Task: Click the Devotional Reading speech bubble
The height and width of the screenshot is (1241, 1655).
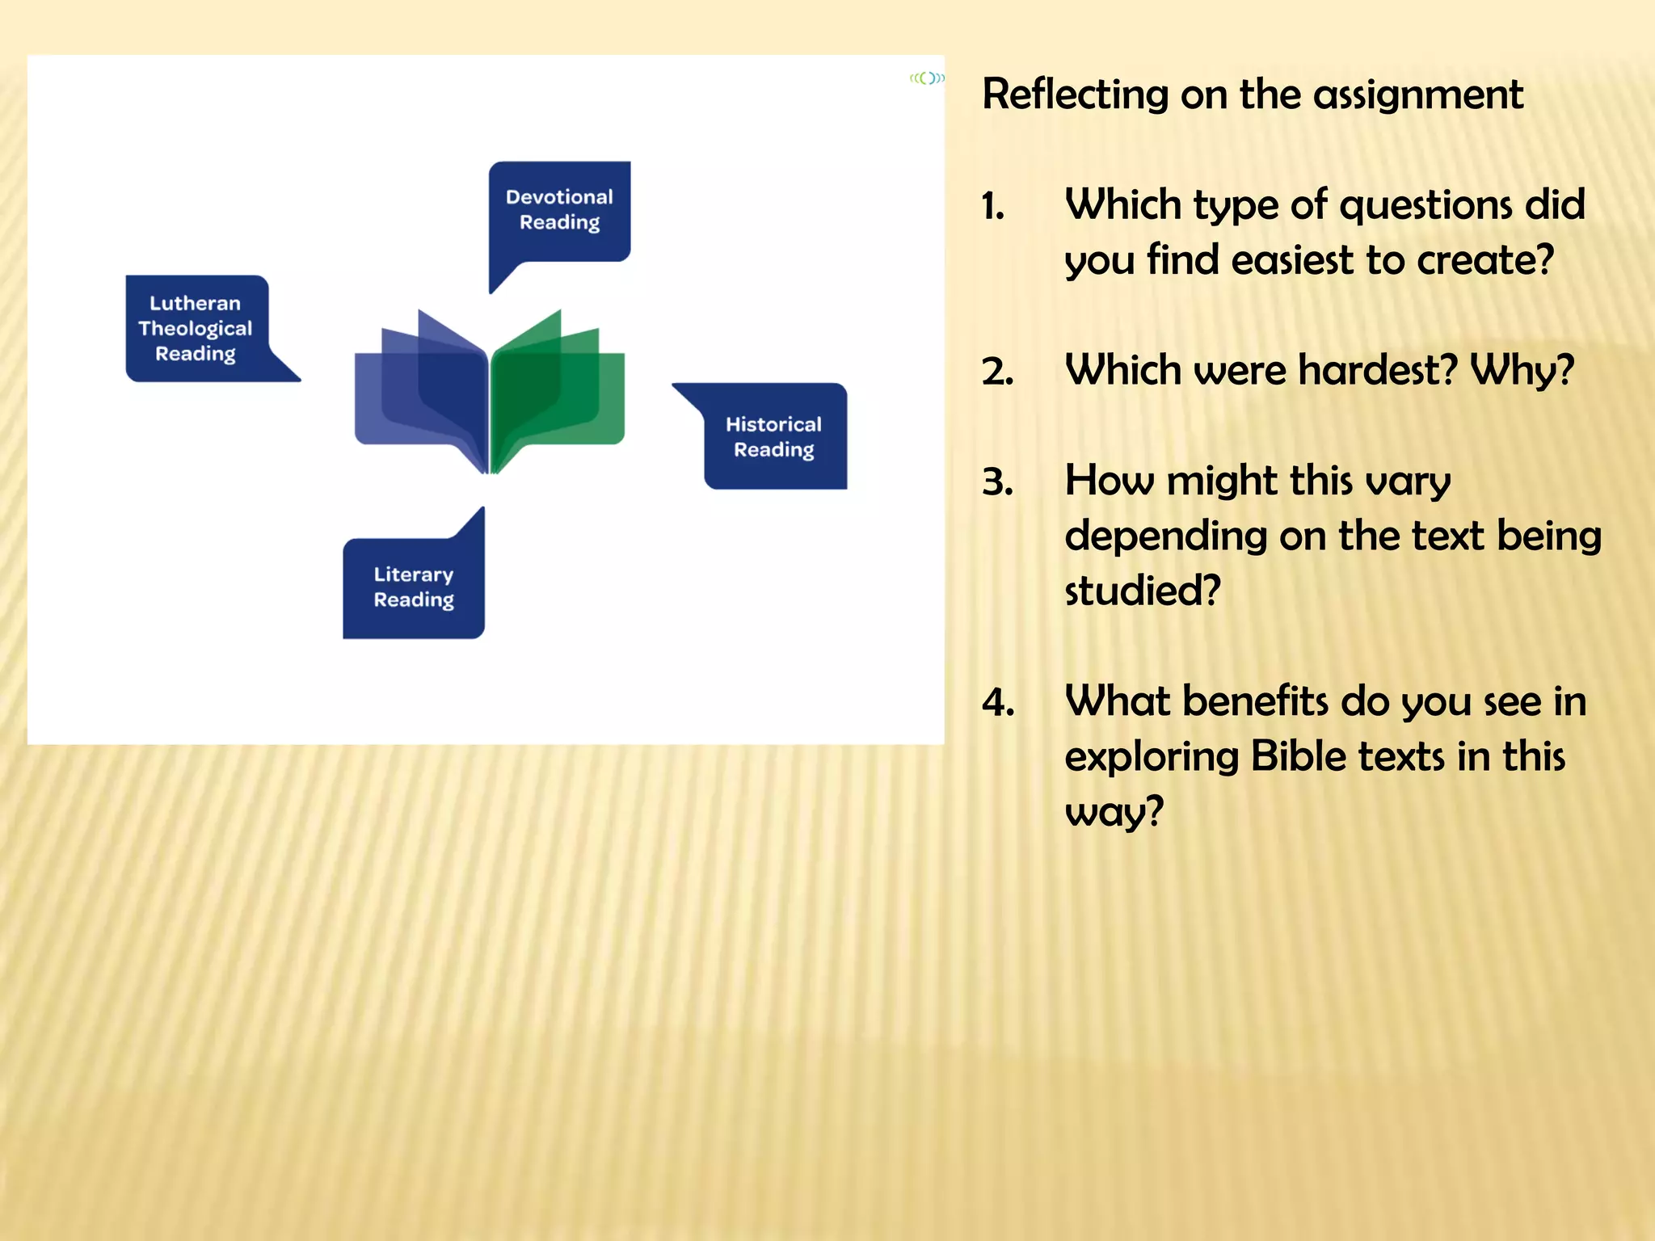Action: point(559,210)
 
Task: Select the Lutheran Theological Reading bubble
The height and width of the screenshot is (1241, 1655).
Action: point(196,328)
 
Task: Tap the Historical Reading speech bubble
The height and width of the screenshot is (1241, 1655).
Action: point(774,437)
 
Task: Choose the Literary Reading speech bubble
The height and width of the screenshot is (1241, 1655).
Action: point(414,587)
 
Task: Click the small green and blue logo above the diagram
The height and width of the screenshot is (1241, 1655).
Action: point(927,78)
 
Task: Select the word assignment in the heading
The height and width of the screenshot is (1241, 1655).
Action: point(1418,95)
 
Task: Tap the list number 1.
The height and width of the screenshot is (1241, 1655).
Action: point(994,207)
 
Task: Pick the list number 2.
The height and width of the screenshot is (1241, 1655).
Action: point(998,372)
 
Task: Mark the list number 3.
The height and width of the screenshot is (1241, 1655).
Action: point(998,482)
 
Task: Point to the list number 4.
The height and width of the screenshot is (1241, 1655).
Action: point(998,703)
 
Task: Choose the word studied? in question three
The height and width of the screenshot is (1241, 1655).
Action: point(1142,591)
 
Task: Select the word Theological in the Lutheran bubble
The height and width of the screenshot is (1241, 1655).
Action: point(196,329)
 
